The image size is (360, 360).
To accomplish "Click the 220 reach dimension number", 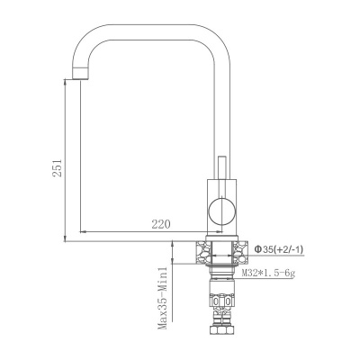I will tap(160, 224).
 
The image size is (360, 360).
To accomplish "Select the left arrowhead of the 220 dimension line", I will tap(84, 231).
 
